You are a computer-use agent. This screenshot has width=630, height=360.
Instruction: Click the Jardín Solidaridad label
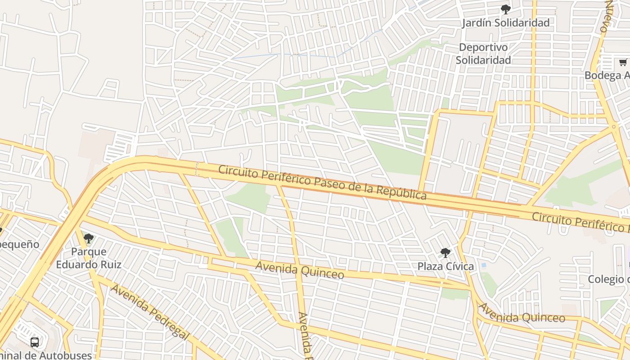point(506,23)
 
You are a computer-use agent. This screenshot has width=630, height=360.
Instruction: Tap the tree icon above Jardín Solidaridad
point(506,9)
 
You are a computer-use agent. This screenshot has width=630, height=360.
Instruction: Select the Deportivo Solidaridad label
point(483,54)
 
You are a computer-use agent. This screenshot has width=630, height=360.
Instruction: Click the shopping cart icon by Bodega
point(623,63)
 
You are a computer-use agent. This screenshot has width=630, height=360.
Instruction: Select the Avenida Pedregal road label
point(149,312)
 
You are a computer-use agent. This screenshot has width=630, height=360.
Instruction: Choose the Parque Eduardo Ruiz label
point(89,258)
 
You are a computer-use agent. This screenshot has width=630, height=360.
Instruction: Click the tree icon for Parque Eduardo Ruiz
point(89,238)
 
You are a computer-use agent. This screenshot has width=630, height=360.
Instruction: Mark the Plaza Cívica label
point(445,266)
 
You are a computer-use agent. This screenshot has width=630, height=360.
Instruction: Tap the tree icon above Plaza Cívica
point(445,252)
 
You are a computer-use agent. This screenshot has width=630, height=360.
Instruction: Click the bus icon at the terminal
point(35,342)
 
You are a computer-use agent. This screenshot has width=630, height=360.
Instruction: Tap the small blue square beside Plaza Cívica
point(483,265)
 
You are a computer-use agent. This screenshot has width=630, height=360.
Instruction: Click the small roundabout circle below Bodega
point(613,127)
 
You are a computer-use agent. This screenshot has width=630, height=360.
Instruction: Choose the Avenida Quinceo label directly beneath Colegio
point(522,314)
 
